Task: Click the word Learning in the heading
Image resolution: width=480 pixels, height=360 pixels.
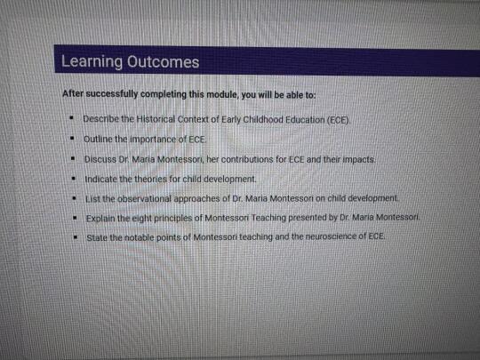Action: [x=92, y=61]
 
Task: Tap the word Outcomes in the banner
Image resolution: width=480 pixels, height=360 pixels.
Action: [x=164, y=62]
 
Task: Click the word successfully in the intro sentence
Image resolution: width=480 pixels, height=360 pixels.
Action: [x=112, y=93]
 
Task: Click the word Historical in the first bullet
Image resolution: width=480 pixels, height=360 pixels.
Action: [x=156, y=119]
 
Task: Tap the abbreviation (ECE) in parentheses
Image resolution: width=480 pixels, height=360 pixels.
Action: [x=338, y=120]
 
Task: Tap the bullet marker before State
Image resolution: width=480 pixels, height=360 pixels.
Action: [x=76, y=236]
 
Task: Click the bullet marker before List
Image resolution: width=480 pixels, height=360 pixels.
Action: [x=75, y=198]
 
